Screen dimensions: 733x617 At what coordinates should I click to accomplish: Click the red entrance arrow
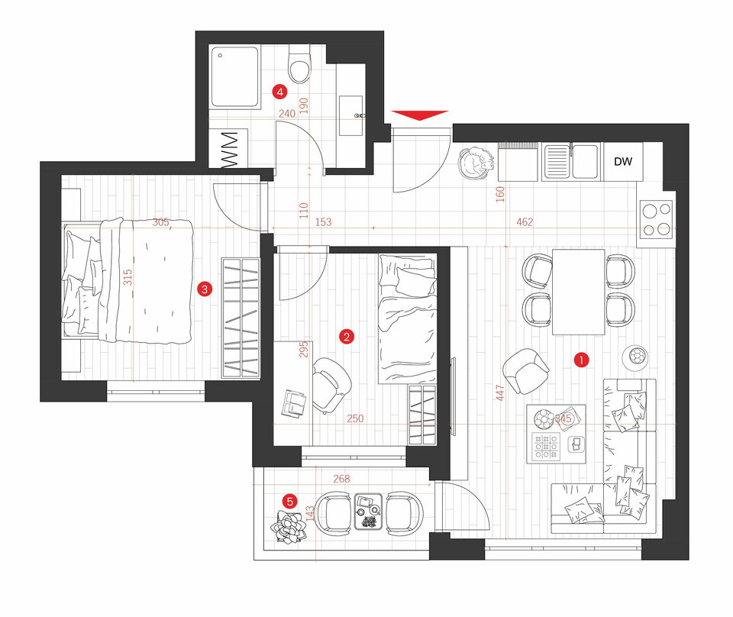pos(420,115)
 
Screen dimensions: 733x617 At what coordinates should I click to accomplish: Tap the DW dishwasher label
pos(623,162)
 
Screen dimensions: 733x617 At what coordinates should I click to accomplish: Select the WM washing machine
pos(228,149)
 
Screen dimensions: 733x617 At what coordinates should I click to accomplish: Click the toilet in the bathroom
pos(299,63)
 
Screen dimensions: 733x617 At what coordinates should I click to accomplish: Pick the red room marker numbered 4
pos(280,92)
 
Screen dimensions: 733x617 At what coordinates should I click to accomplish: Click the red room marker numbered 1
pos(581,360)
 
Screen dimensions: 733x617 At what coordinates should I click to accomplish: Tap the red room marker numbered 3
pos(205,289)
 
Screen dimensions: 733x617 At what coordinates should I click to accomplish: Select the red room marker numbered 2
pos(347,337)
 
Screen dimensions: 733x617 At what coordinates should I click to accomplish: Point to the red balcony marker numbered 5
pos(290,502)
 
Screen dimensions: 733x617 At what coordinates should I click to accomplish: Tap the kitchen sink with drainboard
pos(571,162)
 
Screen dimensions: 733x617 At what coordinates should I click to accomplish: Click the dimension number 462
pos(525,222)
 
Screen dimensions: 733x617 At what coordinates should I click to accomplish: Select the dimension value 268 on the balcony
pos(341,479)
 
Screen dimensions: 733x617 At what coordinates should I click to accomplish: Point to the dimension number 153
pos(323,222)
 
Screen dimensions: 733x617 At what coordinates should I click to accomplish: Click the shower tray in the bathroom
pos(234,77)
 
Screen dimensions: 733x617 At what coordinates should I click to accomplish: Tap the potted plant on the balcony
pos(289,528)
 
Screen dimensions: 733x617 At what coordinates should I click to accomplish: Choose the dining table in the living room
pos(578,292)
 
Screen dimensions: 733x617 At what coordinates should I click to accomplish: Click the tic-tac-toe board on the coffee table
pos(545,447)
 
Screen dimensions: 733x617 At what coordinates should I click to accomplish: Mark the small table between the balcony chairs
pos(369,512)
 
